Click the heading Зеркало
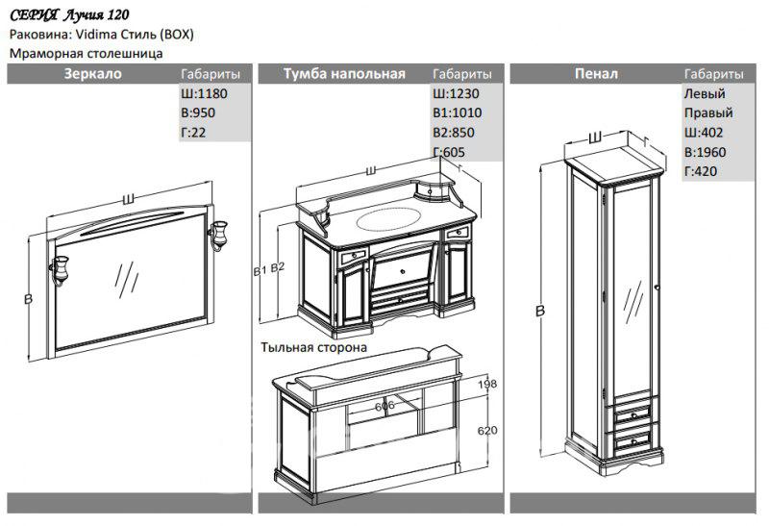point(92,74)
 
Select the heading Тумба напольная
point(345,74)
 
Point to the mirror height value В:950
point(197,113)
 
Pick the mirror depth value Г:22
point(193,133)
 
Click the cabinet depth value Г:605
point(450,152)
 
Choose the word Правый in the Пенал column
point(705,113)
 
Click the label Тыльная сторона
point(313,348)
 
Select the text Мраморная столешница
point(86,54)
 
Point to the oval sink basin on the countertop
point(389,219)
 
